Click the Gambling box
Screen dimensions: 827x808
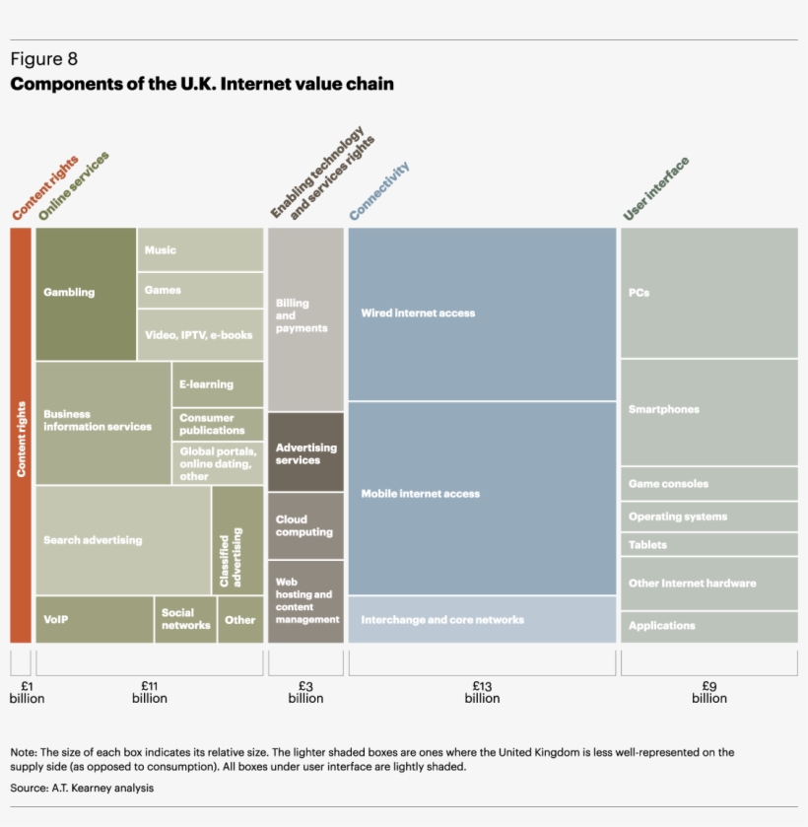[86, 293]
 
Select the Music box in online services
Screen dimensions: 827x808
[200, 249]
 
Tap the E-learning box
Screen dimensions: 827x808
[218, 384]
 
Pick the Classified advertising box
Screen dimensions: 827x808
[237, 540]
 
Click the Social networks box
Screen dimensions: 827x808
[185, 619]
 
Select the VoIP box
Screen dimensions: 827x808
[94, 619]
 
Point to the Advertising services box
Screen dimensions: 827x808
[305, 452]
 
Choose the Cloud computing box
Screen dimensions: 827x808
[305, 525]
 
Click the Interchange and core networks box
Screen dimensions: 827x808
[482, 620]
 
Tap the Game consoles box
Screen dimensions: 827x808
[708, 484]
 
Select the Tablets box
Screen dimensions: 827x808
[708, 544]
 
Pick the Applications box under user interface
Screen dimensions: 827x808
[708, 626]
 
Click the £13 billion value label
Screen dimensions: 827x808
[482, 691]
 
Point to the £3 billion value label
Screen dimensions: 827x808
[305, 691]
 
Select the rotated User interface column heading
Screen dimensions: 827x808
[656, 189]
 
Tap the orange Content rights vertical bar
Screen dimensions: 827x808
[21, 435]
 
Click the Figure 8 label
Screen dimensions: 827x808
[43, 60]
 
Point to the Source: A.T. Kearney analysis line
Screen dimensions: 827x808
[82, 788]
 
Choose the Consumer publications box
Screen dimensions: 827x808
[218, 424]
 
